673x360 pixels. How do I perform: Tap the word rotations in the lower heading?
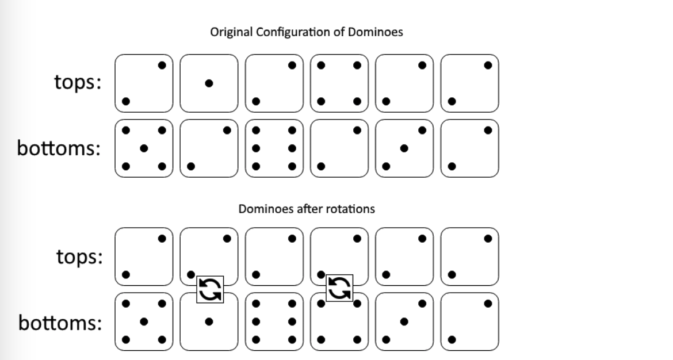click(x=350, y=209)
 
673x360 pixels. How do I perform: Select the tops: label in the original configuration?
click(x=78, y=83)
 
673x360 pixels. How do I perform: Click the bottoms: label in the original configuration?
click(x=59, y=148)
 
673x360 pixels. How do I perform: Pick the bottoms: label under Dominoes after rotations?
click(x=60, y=323)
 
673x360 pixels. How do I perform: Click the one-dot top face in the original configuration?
click(x=209, y=83)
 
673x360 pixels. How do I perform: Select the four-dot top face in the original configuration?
click(x=339, y=83)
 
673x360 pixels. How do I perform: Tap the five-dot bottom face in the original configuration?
click(x=144, y=148)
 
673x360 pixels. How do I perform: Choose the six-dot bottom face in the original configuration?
click(x=274, y=148)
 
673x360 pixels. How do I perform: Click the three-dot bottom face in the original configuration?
click(x=404, y=148)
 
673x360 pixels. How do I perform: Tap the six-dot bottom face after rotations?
click(x=274, y=322)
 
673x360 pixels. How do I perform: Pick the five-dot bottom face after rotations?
click(x=144, y=322)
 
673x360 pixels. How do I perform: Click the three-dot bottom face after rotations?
click(x=404, y=322)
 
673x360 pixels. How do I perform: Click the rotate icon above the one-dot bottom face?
click(x=210, y=289)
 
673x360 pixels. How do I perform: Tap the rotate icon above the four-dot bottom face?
click(x=340, y=288)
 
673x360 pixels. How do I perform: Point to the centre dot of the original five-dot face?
click(x=144, y=148)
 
